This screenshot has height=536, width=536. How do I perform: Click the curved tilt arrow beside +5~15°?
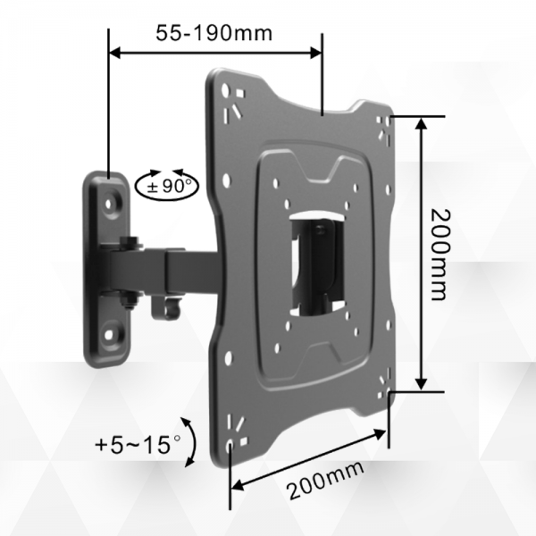pyautogui.click(x=190, y=441)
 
